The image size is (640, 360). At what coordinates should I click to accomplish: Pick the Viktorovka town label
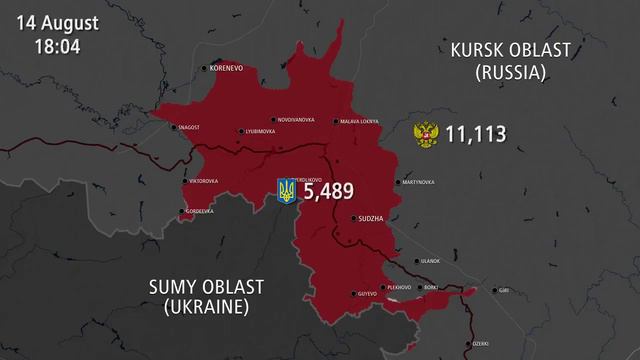point(207,181)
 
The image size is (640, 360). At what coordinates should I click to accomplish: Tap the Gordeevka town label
point(200,211)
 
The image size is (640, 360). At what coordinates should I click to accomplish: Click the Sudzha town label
point(371,217)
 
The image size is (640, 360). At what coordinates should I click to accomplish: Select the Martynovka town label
point(417,182)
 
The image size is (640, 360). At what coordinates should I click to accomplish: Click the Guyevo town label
point(366,293)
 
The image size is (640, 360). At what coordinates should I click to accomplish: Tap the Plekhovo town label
point(399,287)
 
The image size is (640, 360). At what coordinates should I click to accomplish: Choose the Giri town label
point(509,291)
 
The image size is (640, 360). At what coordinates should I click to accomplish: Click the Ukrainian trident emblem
point(287,191)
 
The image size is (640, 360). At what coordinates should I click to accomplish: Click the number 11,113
point(476,134)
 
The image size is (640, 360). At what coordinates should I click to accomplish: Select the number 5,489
point(330,190)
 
